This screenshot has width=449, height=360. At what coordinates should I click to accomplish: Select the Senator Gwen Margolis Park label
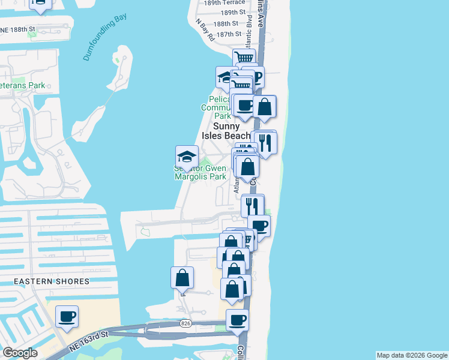pyautogui.click(x=200, y=172)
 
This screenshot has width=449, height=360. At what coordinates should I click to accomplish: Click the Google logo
pyautogui.click(x=20, y=353)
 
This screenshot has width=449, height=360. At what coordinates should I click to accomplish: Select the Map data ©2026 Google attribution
pyautogui.click(x=411, y=355)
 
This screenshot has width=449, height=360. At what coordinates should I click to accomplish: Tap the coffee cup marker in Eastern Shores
pyautogui.click(x=67, y=316)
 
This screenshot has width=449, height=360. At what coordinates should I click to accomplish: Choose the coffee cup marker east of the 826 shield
pyautogui.click(x=238, y=320)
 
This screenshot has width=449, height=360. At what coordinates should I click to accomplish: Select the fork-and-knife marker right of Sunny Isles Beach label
pyautogui.click(x=265, y=143)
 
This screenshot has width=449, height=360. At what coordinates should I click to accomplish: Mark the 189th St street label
pyautogui.click(x=233, y=12)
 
